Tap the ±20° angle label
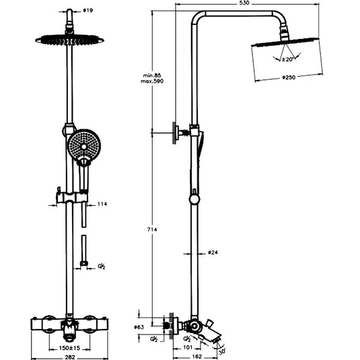pos(287,59)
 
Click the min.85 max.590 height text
pos(153,77)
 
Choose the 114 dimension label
pos(103,204)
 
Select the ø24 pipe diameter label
pos(212,253)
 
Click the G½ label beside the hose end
pos(102,266)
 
